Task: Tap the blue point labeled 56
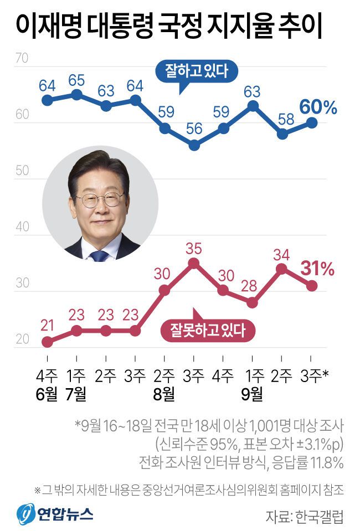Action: click(194, 146)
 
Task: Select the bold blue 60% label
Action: click(318, 107)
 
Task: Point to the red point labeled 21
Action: click(48, 342)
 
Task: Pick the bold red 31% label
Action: click(317, 270)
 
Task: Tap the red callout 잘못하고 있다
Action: click(210, 331)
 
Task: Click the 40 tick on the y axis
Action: click(22, 227)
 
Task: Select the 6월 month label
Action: click(47, 395)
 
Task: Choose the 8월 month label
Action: click(164, 395)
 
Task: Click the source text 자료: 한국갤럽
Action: click(304, 517)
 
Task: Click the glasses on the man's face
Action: click(99, 199)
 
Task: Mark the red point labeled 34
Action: click(282, 269)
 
